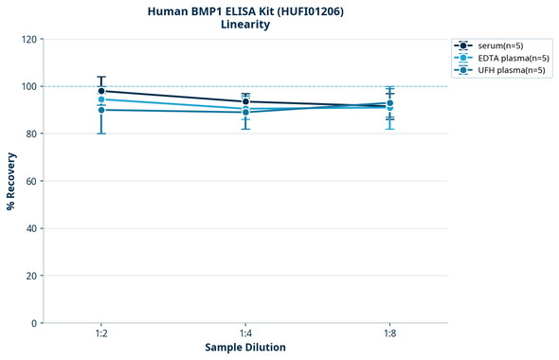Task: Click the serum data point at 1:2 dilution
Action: click(x=101, y=91)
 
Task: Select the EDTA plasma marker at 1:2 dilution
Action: click(x=101, y=99)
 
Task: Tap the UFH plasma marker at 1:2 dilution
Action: click(x=101, y=110)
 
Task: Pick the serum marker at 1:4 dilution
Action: click(x=245, y=101)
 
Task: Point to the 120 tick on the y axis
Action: click(x=29, y=39)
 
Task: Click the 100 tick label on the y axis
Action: click(x=29, y=86)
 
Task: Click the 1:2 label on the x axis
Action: click(x=101, y=334)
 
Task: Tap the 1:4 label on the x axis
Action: click(x=245, y=334)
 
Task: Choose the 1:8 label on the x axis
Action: click(x=389, y=334)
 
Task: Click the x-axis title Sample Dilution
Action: click(x=245, y=348)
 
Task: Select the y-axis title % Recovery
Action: click(x=11, y=181)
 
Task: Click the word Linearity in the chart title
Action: click(x=245, y=25)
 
